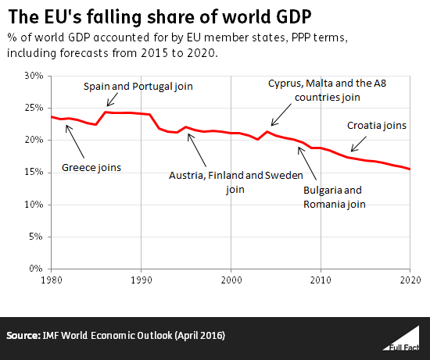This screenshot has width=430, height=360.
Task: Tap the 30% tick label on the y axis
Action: click(x=34, y=76)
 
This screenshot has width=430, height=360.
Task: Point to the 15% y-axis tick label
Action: click(x=34, y=205)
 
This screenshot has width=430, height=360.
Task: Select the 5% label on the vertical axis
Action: click(x=37, y=237)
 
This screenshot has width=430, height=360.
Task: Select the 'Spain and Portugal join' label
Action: click(x=138, y=86)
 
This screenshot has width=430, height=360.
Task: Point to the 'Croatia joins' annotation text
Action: click(x=377, y=125)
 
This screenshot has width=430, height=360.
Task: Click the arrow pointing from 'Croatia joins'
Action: click(x=362, y=141)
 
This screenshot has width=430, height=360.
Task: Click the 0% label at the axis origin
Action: click(x=37, y=269)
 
